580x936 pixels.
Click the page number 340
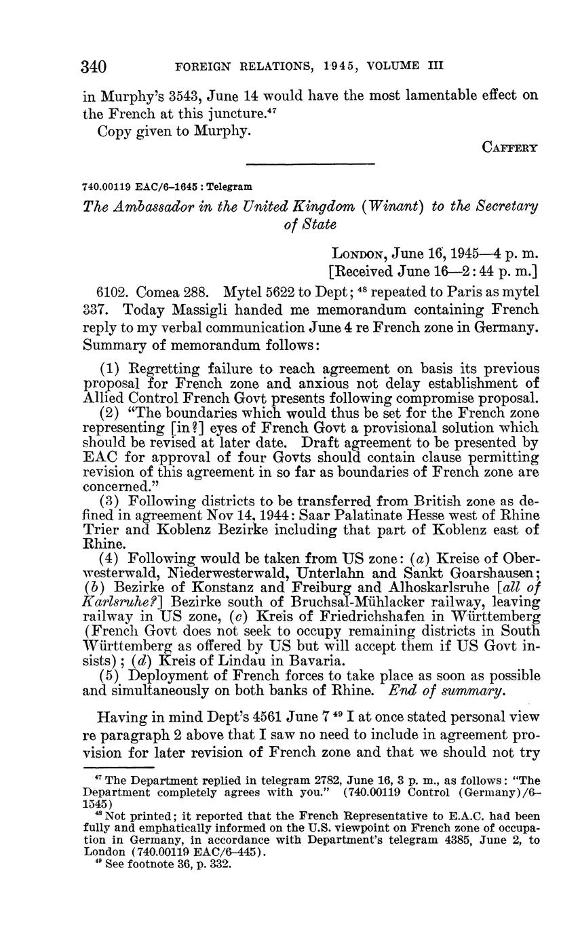click(x=94, y=66)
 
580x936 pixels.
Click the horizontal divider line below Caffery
click(x=310, y=163)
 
